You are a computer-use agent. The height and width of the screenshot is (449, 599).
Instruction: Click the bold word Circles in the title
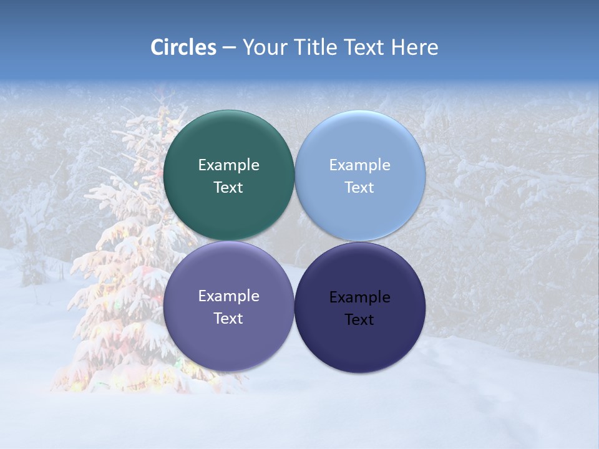pos(183,47)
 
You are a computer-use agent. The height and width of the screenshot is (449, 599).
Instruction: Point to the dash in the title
pos(229,48)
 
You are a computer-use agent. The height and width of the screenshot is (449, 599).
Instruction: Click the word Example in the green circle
pos(228,165)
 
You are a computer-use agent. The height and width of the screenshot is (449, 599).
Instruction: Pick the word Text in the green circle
pos(228,188)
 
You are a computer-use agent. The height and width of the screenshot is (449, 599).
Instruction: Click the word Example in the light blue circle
pos(359,165)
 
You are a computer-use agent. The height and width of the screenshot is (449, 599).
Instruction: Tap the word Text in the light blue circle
pos(359,188)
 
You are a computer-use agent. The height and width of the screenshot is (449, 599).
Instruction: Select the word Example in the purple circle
pos(228,296)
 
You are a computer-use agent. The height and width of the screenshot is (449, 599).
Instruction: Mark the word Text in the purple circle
pos(228,319)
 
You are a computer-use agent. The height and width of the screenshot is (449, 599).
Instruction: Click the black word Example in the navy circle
pos(359,297)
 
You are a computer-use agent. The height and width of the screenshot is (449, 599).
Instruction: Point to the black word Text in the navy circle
pos(359,320)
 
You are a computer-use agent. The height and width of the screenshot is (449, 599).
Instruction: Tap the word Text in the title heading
pos(366,47)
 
